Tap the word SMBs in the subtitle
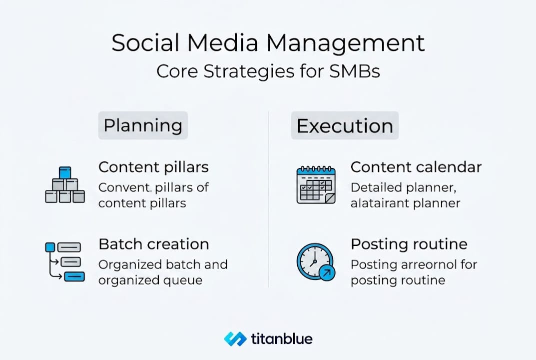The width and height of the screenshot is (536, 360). [x=355, y=71]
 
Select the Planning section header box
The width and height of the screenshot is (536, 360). [x=142, y=125]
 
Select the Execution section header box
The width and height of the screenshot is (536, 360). [x=345, y=125]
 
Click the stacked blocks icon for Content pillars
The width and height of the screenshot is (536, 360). [x=65, y=185]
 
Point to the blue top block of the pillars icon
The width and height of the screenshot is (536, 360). [x=65, y=172]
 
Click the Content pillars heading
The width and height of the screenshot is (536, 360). [x=153, y=167]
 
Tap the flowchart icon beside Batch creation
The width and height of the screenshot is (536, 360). [x=65, y=261]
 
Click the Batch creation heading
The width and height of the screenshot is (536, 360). [x=153, y=244]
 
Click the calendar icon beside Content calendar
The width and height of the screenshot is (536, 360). [x=316, y=185]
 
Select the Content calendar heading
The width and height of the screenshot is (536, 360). [x=416, y=167]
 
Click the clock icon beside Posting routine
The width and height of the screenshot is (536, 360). [x=315, y=261]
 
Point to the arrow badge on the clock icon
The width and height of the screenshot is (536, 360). [x=327, y=273]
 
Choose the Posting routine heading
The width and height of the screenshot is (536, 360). [x=409, y=244]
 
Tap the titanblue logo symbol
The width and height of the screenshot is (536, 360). [x=235, y=339]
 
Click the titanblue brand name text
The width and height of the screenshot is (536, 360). [x=282, y=339]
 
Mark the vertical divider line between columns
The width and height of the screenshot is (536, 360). [x=268, y=200]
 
